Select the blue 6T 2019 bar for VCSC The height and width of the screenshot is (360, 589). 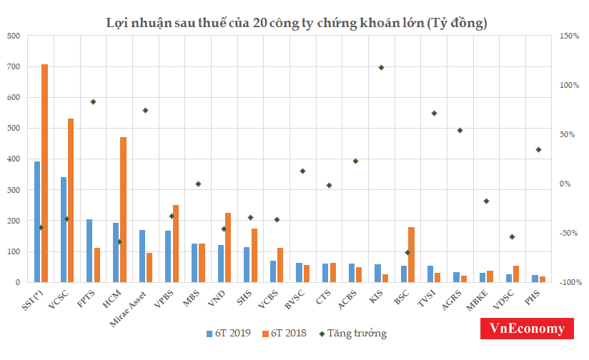(x=64, y=229)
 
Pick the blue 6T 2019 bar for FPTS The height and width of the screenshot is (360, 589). (x=89, y=251)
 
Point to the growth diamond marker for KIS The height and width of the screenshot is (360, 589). (x=381, y=68)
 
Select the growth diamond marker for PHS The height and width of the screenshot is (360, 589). (x=538, y=150)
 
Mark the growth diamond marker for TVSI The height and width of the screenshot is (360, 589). (x=433, y=114)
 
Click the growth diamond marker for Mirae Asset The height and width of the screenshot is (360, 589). (x=145, y=110)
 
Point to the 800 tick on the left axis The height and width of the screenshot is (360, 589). (x=14, y=36)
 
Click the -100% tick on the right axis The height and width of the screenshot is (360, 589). (x=568, y=282)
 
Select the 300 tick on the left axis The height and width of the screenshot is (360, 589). (x=14, y=190)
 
